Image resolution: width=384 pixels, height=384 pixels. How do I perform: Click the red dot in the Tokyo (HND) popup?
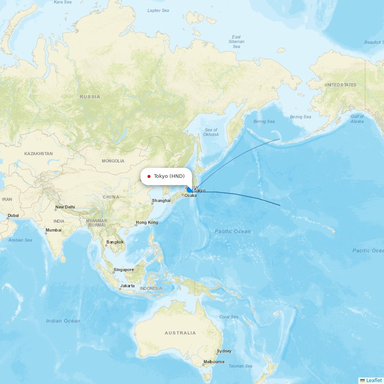(x=149, y=177)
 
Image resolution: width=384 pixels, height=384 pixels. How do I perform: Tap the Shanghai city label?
(x=161, y=200)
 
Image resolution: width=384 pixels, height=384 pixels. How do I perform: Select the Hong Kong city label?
(x=147, y=223)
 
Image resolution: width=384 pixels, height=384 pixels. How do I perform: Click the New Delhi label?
(x=65, y=207)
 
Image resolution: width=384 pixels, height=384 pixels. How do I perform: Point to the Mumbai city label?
(x=53, y=230)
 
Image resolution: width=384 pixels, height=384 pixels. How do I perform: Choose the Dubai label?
(x=13, y=216)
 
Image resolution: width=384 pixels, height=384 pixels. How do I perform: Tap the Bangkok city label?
(x=115, y=242)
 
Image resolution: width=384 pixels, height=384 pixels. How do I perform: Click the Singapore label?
(x=124, y=270)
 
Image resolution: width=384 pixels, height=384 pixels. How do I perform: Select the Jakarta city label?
(x=127, y=286)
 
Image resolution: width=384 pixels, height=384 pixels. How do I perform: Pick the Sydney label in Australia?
(x=224, y=351)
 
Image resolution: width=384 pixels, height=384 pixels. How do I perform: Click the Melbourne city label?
(x=214, y=362)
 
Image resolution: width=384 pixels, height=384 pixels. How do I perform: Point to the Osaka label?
(x=190, y=196)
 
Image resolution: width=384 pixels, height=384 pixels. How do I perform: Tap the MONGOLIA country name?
(x=113, y=161)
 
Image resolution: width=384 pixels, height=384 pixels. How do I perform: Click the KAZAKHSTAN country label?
(x=38, y=154)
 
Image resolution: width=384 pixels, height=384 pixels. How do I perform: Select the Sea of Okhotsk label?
(x=211, y=132)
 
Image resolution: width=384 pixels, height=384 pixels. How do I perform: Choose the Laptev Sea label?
(x=158, y=10)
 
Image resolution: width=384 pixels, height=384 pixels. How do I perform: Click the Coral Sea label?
(x=229, y=317)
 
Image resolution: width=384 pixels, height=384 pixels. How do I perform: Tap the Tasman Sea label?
(x=240, y=366)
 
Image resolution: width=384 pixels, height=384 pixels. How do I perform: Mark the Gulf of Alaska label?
(x=357, y=119)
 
